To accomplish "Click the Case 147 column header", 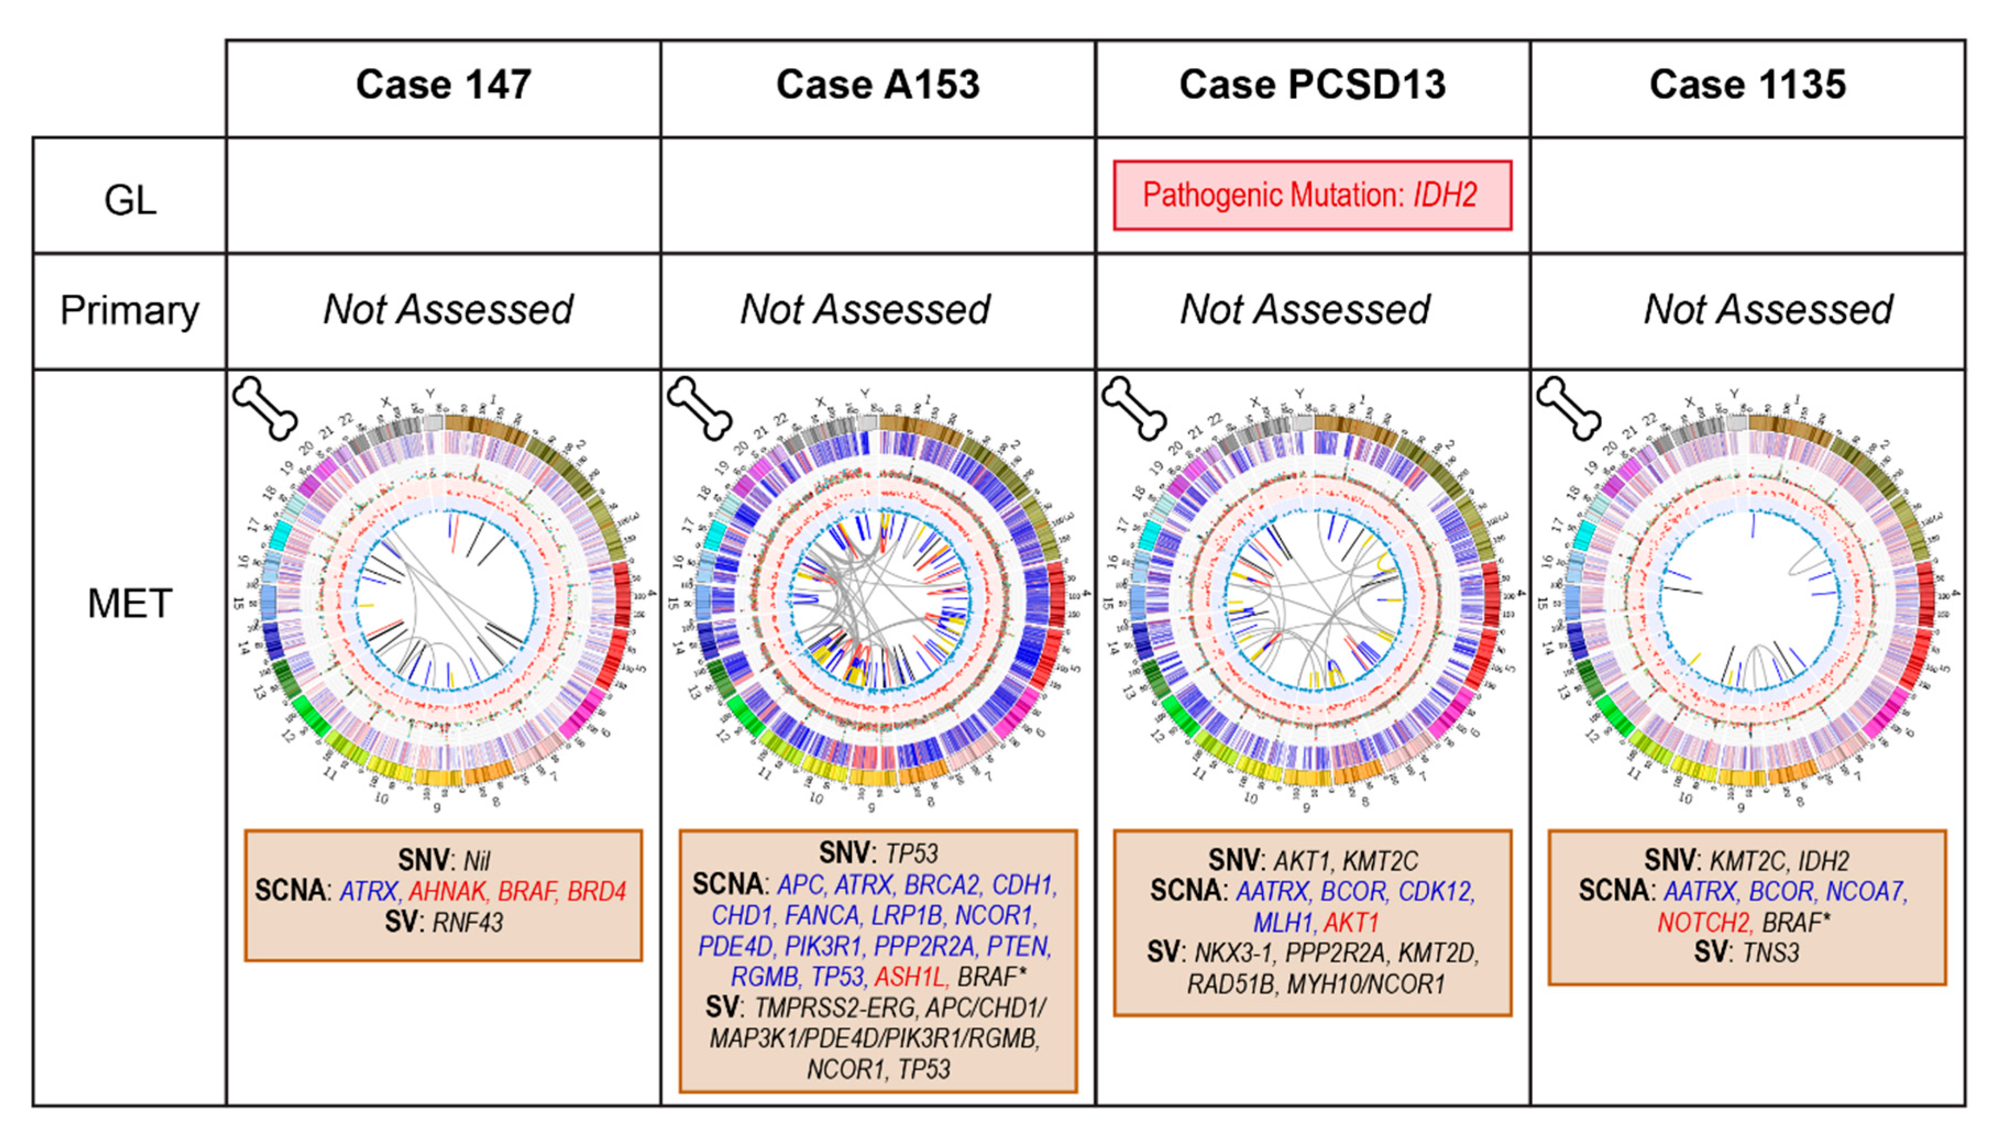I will click(444, 84).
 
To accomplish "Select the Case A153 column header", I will click(878, 84).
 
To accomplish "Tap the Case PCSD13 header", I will click(1312, 84).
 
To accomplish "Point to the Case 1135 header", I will click(1748, 84).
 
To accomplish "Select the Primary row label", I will click(130, 310).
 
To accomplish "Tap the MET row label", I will click(130, 604).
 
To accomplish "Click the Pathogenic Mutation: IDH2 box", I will click(1312, 195).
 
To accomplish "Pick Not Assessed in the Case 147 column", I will click(448, 310).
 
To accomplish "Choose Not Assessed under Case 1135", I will click(1768, 310).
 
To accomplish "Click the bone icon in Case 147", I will click(265, 407).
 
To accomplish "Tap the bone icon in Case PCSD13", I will click(1134, 407).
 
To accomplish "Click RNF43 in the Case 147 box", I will click(468, 922).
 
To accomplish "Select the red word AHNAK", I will click(448, 891).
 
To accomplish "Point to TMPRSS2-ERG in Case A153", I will click(835, 1008).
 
